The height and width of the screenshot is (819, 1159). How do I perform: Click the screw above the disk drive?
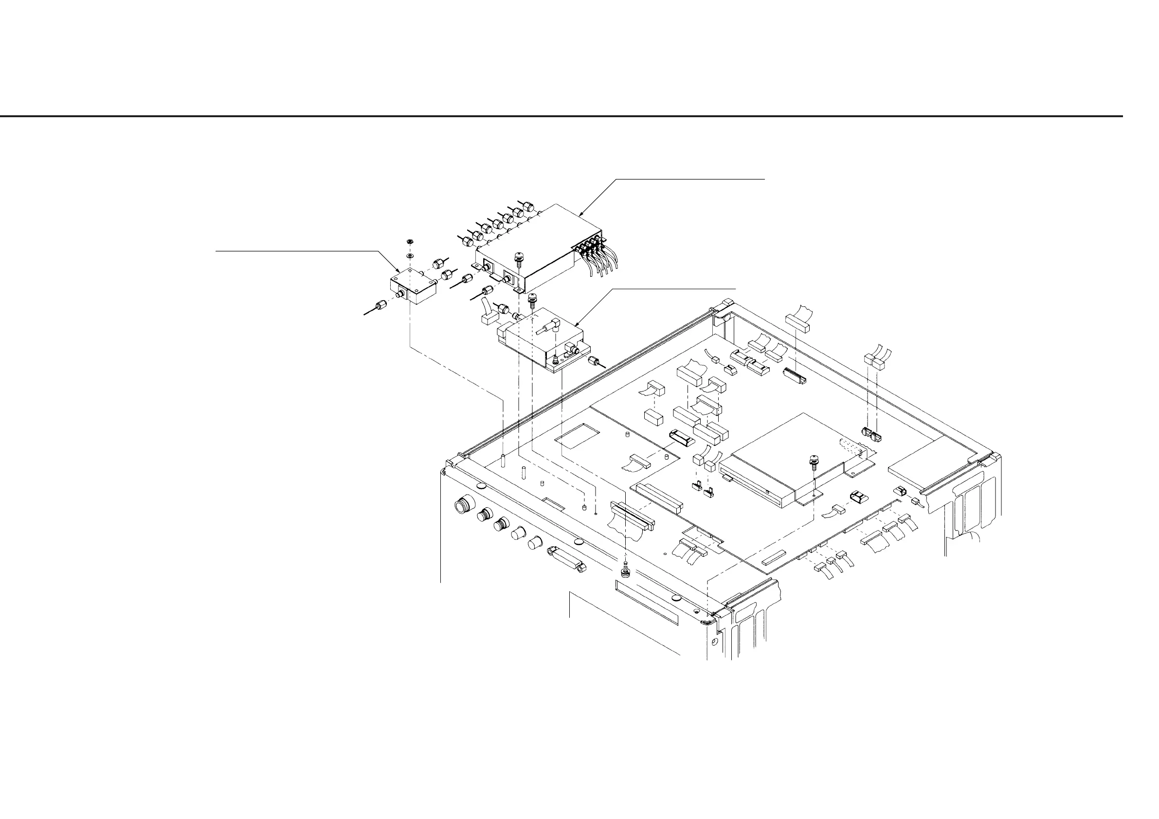pyautogui.click(x=814, y=461)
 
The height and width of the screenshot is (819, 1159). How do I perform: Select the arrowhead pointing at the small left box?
pyautogui.click(x=398, y=271)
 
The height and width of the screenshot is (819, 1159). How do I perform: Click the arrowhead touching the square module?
pyautogui.click(x=578, y=323)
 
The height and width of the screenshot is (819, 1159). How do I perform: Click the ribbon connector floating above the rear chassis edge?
pyautogui.click(x=797, y=322)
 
